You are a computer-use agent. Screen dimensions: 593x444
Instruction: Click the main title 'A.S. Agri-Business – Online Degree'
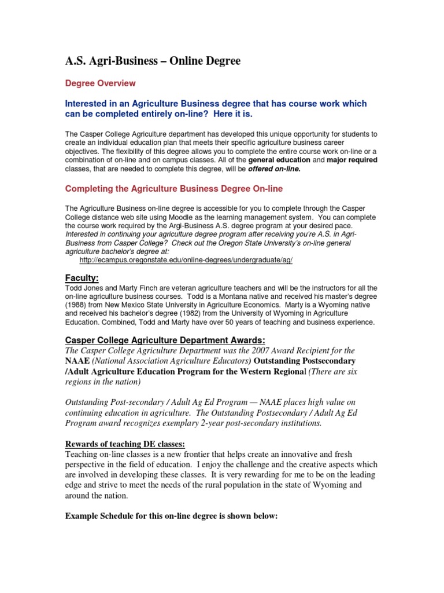coord(153,61)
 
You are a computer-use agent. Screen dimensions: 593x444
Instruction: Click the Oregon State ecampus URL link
coord(186,261)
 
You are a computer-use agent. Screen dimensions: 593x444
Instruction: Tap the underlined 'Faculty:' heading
coord(82,278)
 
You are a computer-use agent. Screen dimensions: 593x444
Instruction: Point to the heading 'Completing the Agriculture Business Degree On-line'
coord(173,189)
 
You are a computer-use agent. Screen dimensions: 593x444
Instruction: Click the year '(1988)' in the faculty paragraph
coord(78,305)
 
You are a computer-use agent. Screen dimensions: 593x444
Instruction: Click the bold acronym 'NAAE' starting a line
coord(78,361)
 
